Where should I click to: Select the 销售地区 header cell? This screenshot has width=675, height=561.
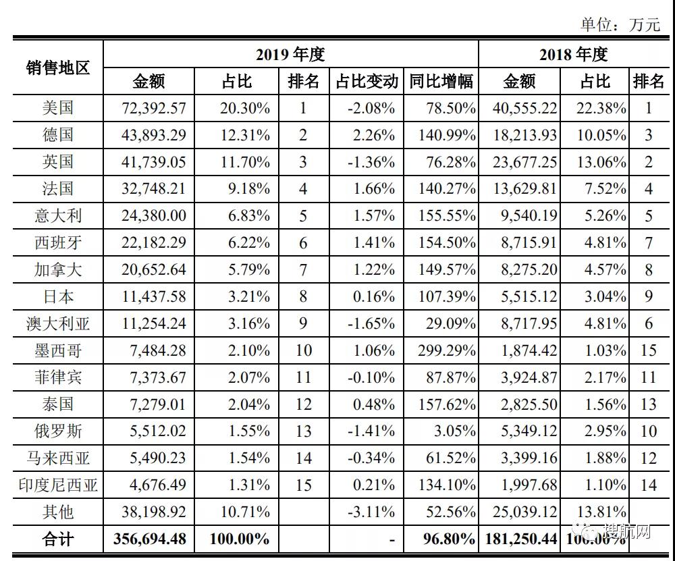[x=58, y=68]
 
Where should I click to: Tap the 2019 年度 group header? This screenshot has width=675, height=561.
[x=290, y=54]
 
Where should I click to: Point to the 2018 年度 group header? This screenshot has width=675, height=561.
[x=574, y=54]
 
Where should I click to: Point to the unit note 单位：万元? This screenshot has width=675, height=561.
[x=620, y=24]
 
